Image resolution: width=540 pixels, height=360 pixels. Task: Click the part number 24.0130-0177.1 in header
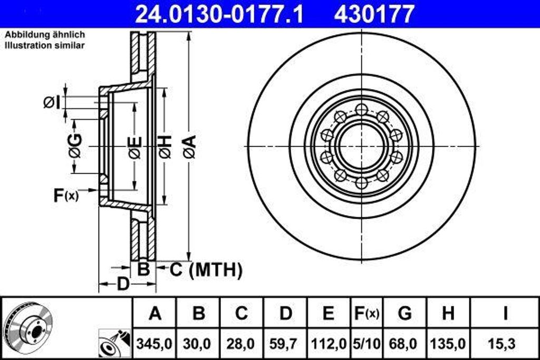219,14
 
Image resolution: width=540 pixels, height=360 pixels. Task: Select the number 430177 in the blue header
374,14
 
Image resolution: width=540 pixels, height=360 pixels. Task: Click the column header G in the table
404,313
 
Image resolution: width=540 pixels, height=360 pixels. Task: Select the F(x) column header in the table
365,313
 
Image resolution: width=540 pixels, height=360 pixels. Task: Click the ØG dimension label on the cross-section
75,146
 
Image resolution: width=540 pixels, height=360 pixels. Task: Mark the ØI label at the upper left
52,102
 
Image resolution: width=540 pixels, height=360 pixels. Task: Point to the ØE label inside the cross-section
135,147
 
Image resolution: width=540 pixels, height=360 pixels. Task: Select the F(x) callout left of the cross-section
65,196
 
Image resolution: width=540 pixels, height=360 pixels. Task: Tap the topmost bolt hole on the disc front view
361,110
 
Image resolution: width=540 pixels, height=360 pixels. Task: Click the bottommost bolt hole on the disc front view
361,183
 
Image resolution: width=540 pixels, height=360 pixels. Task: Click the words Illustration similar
45,45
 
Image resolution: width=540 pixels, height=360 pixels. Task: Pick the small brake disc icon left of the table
26,326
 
